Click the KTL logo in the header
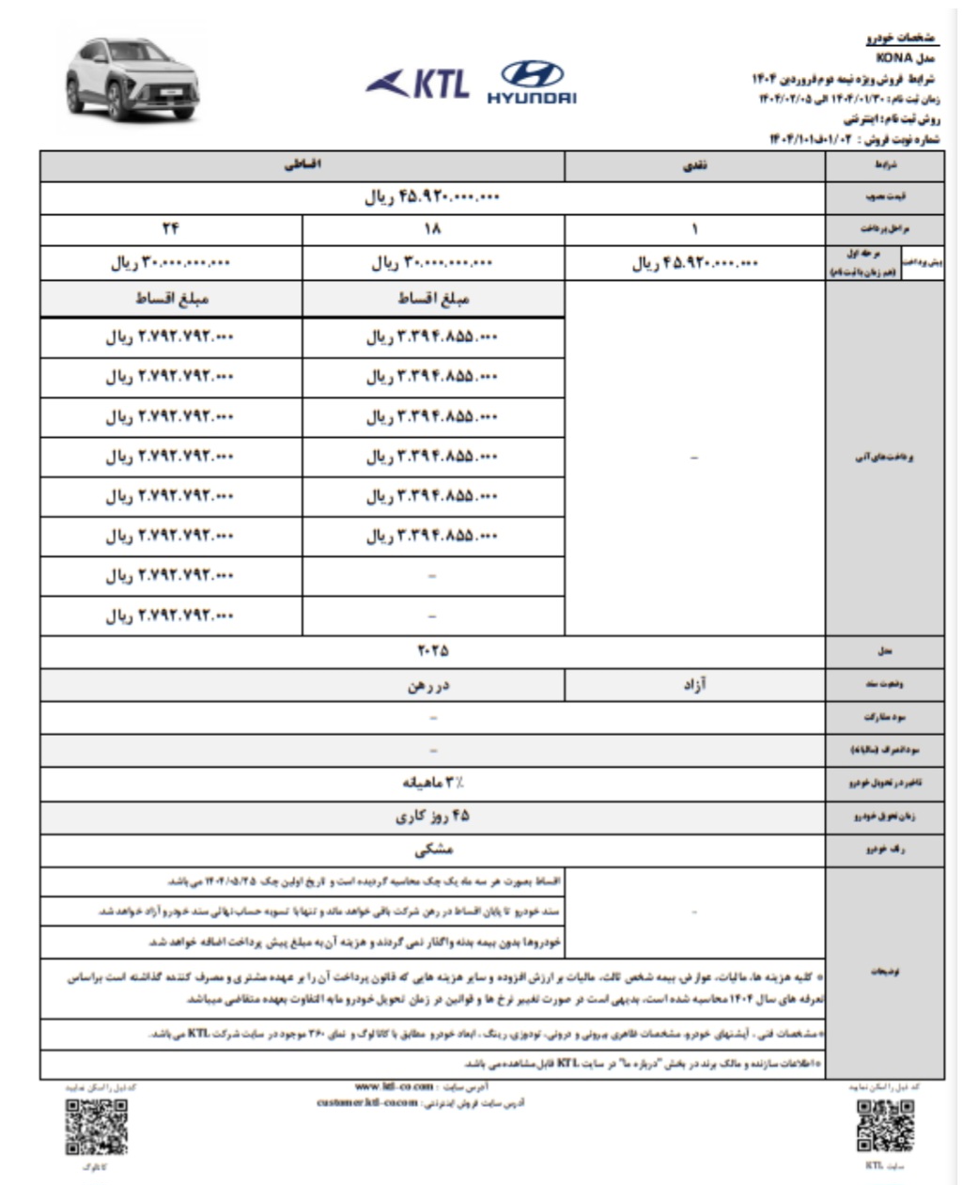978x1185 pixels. (x=418, y=84)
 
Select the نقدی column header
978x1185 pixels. (x=694, y=166)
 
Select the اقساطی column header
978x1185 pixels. (x=303, y=166)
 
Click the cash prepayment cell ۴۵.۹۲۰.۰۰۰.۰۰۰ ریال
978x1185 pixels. (x=694, y=264)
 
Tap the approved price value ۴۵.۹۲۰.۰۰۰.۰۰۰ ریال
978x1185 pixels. (x=432, y=198)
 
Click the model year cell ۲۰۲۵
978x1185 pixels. (x=432, y=651)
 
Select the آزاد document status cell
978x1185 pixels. (x=694, y=685)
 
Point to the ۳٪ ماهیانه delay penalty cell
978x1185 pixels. (x=432, y=783)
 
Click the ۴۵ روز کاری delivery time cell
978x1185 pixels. (x=432, y=817)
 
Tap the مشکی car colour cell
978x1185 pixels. (x=432, y=850)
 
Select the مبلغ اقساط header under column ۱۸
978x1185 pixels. (x=433, y=300)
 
